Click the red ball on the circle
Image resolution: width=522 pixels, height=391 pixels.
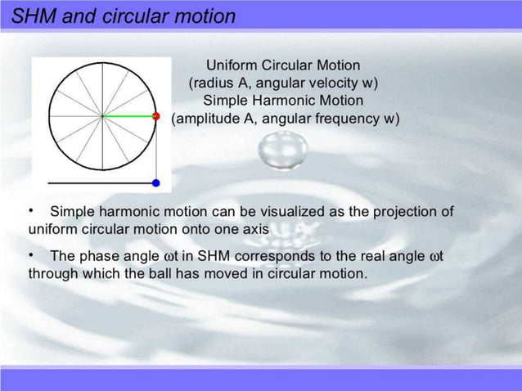click(155, 116)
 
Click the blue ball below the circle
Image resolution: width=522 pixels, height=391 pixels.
click(155, 182)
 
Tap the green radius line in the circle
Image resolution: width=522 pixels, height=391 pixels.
click(128, 116)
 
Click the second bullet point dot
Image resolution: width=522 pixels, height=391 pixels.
click(31, 256)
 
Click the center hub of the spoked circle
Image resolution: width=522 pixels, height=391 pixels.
click(102, 116)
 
